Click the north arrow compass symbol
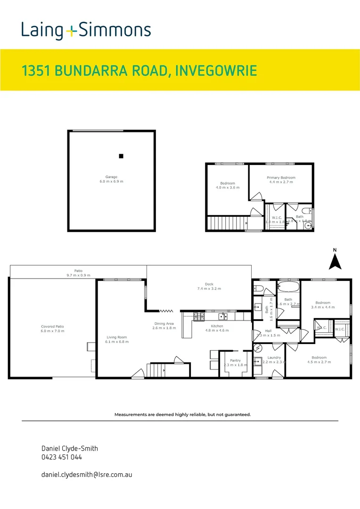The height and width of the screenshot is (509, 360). [x=335, y=260]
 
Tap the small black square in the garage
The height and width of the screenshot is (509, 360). [x=121, y=156]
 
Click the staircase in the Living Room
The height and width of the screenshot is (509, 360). [x=157, y=370]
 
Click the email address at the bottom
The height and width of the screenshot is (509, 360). [x=87, y=474]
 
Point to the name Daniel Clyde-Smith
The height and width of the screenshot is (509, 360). [x=69, y=449]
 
